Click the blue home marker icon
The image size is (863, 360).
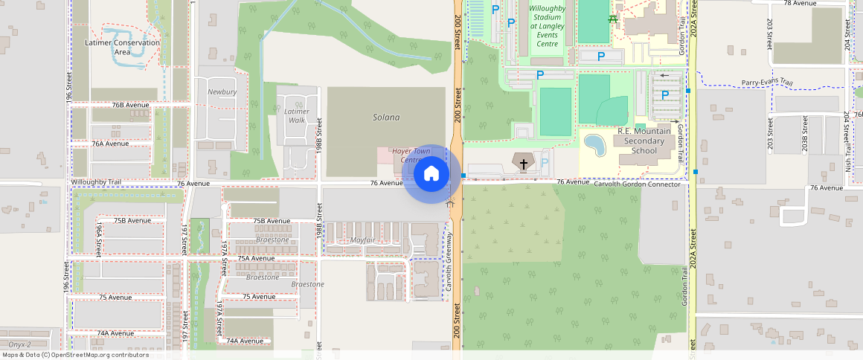431,174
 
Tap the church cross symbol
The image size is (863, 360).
523,164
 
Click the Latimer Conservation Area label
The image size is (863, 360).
123,47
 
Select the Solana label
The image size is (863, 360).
386,118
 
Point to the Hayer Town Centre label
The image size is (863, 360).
411,155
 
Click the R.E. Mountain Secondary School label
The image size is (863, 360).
644,141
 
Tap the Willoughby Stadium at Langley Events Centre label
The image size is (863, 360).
548,26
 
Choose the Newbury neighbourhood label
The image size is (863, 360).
222,92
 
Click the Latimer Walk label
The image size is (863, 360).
297,115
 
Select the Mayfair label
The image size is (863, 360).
362,240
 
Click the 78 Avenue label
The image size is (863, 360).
800,3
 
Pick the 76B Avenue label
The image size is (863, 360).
131,105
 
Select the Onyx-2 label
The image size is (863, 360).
19,344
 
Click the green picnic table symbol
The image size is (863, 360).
612,19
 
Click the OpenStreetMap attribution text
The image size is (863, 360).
75,355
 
